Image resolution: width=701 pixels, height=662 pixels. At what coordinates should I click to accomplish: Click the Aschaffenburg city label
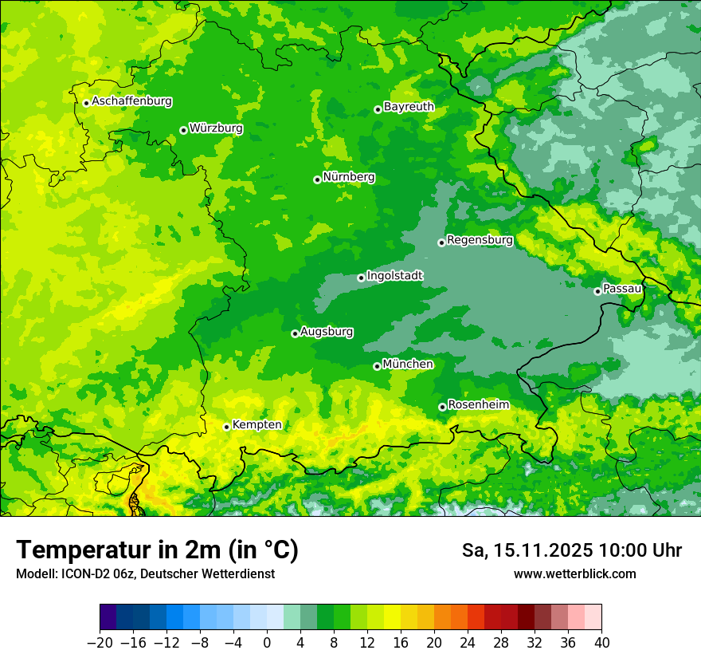(131, 101)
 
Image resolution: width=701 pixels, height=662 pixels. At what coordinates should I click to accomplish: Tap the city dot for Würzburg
(183, 130)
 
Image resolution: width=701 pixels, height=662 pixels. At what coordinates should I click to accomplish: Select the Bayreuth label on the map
(409, 107)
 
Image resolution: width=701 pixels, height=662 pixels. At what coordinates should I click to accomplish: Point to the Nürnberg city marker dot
(317, 179)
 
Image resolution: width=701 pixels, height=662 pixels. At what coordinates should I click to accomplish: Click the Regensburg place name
(480, 240)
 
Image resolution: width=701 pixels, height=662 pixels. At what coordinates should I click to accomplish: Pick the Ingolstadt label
(394, 276)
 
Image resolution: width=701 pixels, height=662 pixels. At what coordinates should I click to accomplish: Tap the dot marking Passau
(597, 291)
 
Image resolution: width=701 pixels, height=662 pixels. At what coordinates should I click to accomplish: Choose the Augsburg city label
(327, 332)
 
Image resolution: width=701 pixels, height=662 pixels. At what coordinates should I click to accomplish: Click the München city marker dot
(377, 366)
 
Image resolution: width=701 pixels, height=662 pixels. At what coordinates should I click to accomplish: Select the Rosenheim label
(478, 405)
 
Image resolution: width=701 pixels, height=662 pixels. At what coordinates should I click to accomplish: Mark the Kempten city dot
(226, 427)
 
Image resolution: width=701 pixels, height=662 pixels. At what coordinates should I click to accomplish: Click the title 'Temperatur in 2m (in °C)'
(157, 550)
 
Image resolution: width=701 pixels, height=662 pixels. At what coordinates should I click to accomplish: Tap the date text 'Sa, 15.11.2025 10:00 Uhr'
(571, 550)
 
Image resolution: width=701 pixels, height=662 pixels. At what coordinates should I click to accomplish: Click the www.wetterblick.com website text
(574, 573)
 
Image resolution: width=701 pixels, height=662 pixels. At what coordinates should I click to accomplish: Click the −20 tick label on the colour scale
(99, 643)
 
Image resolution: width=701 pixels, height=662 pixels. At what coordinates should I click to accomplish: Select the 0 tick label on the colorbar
(267, 643)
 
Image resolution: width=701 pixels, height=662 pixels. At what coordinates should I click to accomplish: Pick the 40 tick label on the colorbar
(601, 643)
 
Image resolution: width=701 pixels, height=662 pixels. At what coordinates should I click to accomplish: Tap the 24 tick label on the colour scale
(468, 643)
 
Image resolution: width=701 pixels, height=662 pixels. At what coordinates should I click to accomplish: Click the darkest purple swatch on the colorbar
(108, 617)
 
